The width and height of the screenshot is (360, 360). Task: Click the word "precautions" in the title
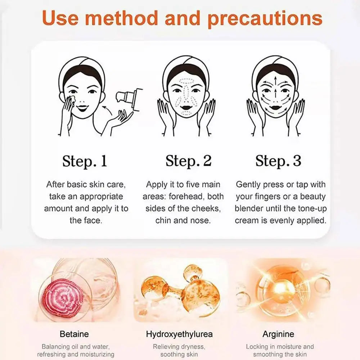tap(265, 18)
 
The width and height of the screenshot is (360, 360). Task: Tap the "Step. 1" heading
tap(85, 161)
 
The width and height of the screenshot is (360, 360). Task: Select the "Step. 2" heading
tap(188, 161)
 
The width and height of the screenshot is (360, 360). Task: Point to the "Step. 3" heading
tap(278, 161)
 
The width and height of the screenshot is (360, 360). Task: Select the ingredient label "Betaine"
tap(74, 334)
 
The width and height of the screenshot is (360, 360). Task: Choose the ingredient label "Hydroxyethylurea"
tap(179, 334)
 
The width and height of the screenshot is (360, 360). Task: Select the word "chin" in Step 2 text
tap(163, 220)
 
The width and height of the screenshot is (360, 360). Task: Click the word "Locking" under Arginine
tap(258, 347)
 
